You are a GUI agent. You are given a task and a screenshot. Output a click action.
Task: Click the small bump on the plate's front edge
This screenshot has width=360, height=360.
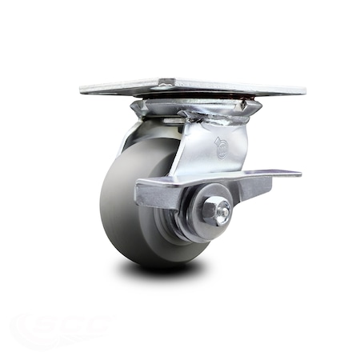165,82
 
